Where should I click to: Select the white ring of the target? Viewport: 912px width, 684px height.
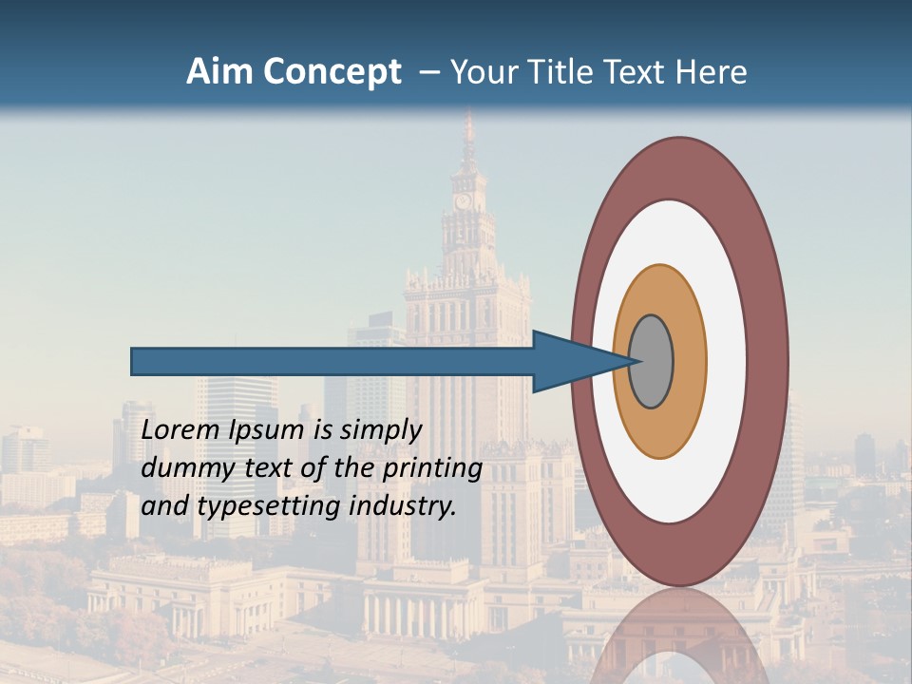727,362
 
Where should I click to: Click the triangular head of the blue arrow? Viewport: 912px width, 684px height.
570,362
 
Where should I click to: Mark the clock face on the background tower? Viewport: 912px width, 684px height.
464,201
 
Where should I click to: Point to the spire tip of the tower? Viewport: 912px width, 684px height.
467,115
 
